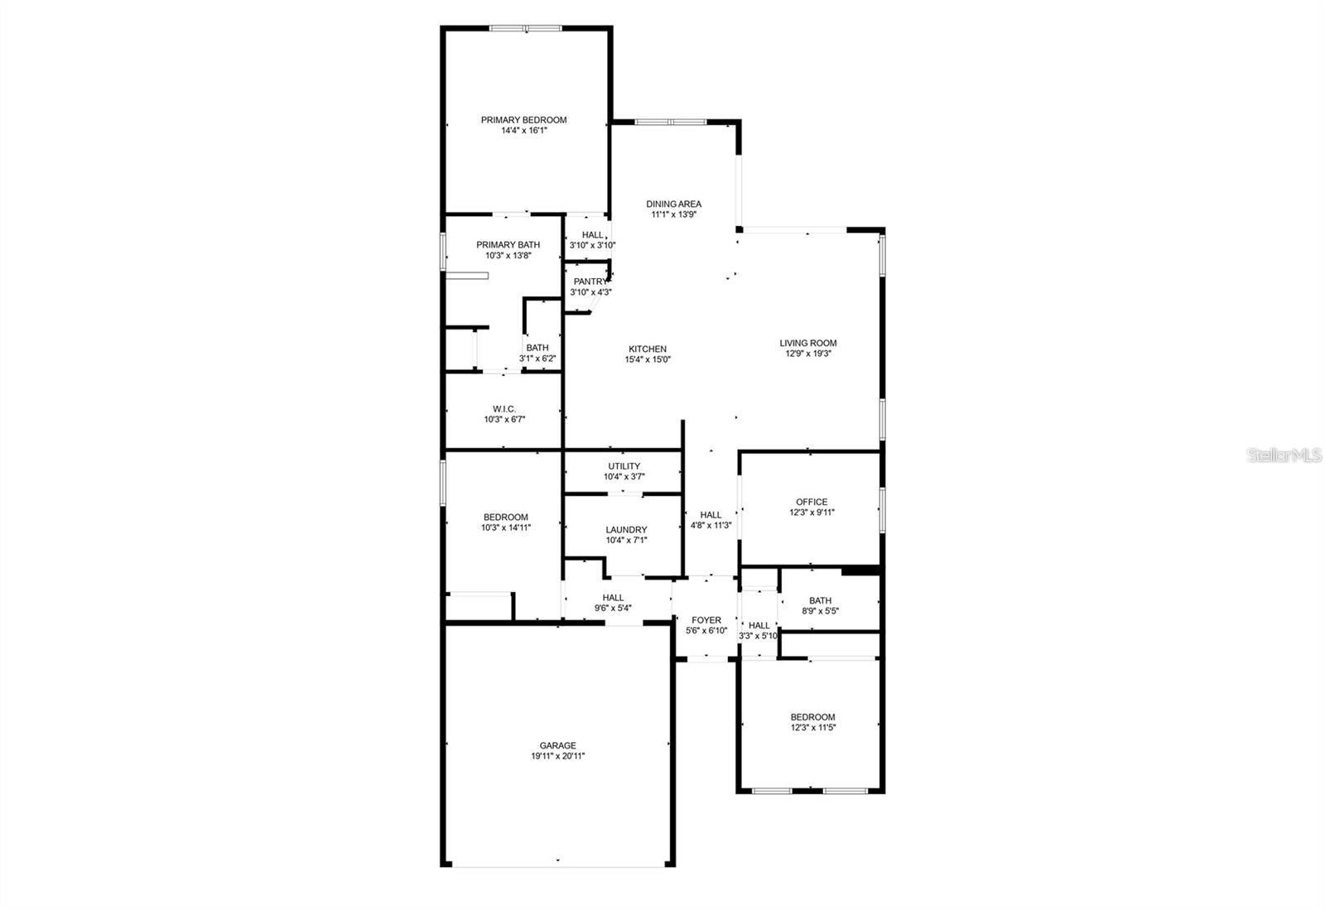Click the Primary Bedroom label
pos(523,120)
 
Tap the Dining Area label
pos(673,204)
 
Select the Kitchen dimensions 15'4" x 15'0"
pos(647,359)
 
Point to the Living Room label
pos(807,343)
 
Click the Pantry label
pos(590,282)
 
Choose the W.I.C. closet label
pos(504,409)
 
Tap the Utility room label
pos(624,466)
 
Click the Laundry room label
pos(626,530)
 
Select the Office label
pos(811,502)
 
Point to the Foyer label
pos(706,620)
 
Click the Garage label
pos(557,745)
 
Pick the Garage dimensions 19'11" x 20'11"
pos(557,756)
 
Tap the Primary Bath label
pos(508,244)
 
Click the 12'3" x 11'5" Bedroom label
pos(812,717)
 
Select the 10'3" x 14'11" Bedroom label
pos(505,518)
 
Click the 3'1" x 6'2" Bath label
pos(537,348)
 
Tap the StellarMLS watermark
pos(1284,455)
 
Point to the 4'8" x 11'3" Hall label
pos(710,515)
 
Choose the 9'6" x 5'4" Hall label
pos(613,598)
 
